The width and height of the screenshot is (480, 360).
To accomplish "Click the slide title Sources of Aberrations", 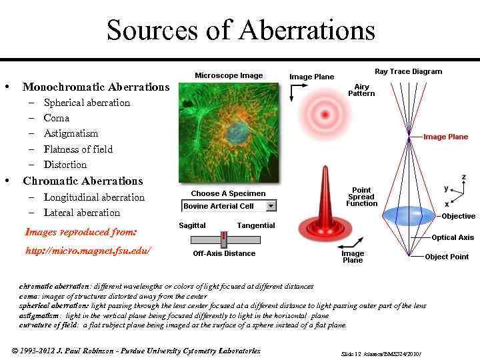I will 241,30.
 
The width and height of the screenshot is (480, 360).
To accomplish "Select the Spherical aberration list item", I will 87,103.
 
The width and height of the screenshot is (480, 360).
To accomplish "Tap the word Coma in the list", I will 56,118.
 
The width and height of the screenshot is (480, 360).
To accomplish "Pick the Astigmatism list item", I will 71,133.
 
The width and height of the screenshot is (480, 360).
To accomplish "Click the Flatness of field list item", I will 78,149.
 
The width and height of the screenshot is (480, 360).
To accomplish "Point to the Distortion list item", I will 65,165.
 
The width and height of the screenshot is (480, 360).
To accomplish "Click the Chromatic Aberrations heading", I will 83,181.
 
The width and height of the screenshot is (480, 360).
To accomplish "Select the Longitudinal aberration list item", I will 94,197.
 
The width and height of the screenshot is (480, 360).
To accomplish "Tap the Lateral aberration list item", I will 82,213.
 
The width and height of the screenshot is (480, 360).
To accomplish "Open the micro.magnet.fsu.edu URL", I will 88,251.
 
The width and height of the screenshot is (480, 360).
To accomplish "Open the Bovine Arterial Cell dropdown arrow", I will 271,206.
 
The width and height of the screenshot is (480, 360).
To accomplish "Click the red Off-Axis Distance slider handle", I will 224,239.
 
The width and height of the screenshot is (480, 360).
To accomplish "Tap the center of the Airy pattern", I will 325,115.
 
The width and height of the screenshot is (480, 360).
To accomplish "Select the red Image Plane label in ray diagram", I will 445,137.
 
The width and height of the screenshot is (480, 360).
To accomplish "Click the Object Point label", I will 447,257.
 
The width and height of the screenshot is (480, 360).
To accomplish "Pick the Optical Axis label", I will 453,237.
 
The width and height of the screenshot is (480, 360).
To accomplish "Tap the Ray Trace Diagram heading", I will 408,71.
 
